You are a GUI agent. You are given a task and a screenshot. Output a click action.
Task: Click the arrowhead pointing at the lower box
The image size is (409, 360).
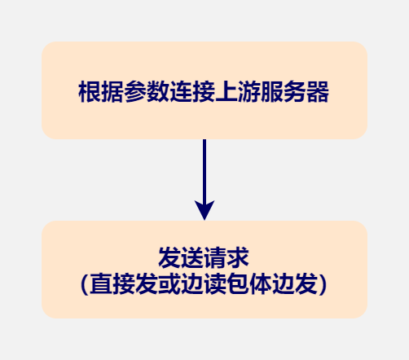click(204, 210)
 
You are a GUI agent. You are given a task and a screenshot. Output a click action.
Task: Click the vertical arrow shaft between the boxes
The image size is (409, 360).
click(204, 170)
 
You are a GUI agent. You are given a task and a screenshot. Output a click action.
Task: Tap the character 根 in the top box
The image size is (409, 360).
click(90, 92)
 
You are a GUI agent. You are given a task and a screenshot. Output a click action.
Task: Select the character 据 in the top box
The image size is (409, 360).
click(112, 92)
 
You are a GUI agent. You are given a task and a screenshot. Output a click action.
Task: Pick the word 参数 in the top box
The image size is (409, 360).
click(147, 92)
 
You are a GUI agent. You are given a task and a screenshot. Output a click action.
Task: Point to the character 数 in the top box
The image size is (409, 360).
click(158, 92)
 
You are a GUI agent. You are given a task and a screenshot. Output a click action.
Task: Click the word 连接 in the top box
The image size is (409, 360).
click(192, 92)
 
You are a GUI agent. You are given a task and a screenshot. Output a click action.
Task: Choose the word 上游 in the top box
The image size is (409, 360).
click(238, 92)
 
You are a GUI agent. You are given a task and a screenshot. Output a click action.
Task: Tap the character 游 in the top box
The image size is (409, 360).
click(249, 92)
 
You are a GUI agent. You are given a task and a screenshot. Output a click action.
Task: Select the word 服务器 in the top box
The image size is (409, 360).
click(295, 92)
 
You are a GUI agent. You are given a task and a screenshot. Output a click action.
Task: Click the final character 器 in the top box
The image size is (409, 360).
click(318, 92)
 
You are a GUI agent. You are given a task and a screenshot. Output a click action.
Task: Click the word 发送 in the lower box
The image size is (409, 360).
click(181, 257)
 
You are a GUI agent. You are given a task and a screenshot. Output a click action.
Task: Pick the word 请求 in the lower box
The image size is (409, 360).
click(226, 257)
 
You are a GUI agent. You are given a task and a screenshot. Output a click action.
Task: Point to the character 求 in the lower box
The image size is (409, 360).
click(238, 257)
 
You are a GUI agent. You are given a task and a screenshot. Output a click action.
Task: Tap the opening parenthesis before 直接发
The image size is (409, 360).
click(85, 284)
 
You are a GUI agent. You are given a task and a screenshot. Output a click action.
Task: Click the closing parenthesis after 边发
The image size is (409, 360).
click(323, 284)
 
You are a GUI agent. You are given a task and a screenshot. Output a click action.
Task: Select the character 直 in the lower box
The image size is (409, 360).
click(101, 284)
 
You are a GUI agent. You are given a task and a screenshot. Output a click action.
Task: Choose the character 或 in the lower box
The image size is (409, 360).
click(169, 284)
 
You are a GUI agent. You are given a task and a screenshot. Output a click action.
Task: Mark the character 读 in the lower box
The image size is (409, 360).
click(215, 284)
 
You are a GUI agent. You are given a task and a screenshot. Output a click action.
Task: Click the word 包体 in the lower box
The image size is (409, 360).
click(249, 284)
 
